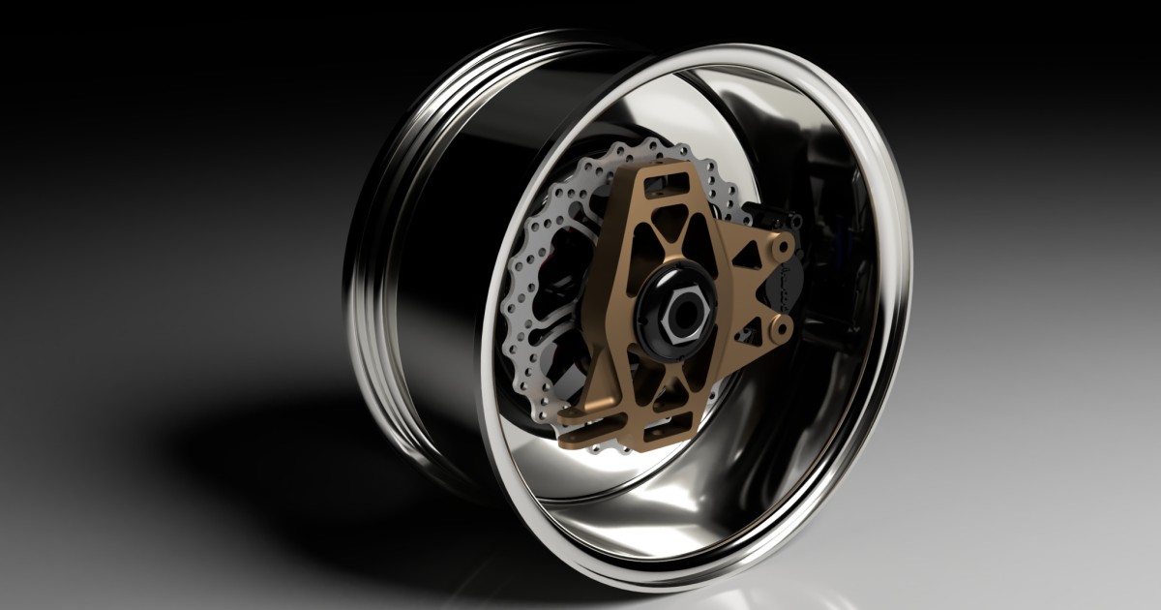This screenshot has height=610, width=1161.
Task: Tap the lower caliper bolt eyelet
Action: click(781, 331)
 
